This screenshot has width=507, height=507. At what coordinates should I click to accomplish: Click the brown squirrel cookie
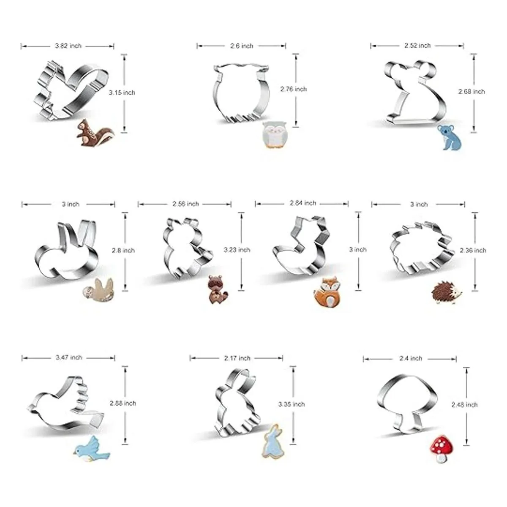(x=94, y=133)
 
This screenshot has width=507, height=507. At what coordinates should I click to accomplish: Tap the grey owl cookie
(x=274, y=135)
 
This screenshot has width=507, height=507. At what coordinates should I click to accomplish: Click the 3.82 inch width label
(x=68, y=46)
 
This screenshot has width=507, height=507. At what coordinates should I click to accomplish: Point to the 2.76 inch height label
(x=293, y=89)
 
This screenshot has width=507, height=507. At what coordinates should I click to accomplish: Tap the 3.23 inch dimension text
(x=237, y=249)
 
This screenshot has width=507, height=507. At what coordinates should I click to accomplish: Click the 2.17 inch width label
(x=237, y=358)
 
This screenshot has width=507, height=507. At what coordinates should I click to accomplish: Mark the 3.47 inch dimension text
(x=69, y=357)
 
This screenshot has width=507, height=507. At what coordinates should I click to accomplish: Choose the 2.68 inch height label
(x=472, y=92)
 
